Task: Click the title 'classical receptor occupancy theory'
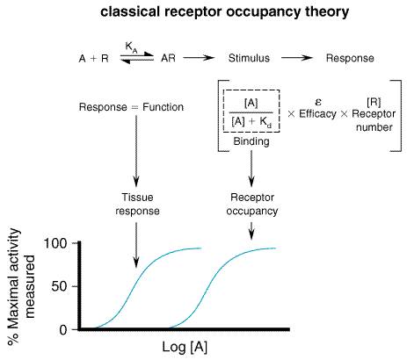click(225, 12)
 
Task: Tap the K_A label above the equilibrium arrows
click(131, 47)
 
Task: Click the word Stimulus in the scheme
click(249, 58)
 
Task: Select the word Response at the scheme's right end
click(350, 58)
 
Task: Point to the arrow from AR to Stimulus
click(199, 58)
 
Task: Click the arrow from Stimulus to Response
click(297, 58)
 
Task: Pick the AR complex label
click(168, 58)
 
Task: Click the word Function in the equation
click(163, 107)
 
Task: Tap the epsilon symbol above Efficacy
click(318, 102)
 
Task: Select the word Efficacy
click(317, 114)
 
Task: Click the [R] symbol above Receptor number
click(374, 102)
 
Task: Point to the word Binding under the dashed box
click(251, 141)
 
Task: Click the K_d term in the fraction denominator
click(265, 121)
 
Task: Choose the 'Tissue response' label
click(137, 204)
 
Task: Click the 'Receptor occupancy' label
click(252, 204)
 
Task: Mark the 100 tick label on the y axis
click(55, 243)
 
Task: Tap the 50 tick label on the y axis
click(59, 286)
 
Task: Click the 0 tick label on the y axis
click(63, 330)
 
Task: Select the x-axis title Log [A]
click(185, 348)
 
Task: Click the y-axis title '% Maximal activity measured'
click(20, 287)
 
